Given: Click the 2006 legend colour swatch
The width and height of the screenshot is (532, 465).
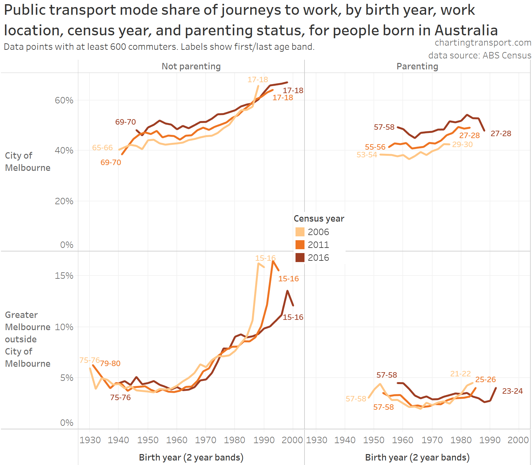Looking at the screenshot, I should pos(300,232).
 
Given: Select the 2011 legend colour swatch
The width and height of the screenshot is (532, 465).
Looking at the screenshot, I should pos(300,245).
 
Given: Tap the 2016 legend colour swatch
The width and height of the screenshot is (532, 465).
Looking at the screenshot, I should pos(300,258).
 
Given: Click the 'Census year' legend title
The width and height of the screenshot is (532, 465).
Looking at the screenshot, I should pos(319,219).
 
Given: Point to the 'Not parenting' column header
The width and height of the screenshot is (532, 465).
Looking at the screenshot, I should pos(191,66).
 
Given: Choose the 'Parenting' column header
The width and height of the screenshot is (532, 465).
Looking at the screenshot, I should pos(417,66).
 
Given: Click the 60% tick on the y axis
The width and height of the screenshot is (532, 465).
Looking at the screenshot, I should pos(64,101).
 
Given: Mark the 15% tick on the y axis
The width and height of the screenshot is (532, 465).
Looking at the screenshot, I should pos(64,276).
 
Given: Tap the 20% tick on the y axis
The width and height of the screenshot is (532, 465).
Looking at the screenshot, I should pos(64,201).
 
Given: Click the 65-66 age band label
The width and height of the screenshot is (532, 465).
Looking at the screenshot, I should pos(102,148).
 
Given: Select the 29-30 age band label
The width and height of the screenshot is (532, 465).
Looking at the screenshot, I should pos(462,145).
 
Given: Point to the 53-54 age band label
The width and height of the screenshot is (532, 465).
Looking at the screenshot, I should pos(367,155).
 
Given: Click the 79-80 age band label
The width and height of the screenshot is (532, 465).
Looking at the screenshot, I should pos(110,364).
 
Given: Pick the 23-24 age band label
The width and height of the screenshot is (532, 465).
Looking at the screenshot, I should pos(512,391).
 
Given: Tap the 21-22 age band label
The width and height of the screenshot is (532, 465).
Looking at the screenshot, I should pos(460,374).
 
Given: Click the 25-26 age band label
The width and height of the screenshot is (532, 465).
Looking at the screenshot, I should pos(485,380).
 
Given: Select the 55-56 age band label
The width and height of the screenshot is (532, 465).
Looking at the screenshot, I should pos(375,147).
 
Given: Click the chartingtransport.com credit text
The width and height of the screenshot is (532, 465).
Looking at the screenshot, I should pos(483,43).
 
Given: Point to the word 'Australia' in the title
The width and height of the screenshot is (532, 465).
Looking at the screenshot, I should pos(466,31).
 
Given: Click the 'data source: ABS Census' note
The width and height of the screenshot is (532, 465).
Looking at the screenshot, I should pos(479,56).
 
